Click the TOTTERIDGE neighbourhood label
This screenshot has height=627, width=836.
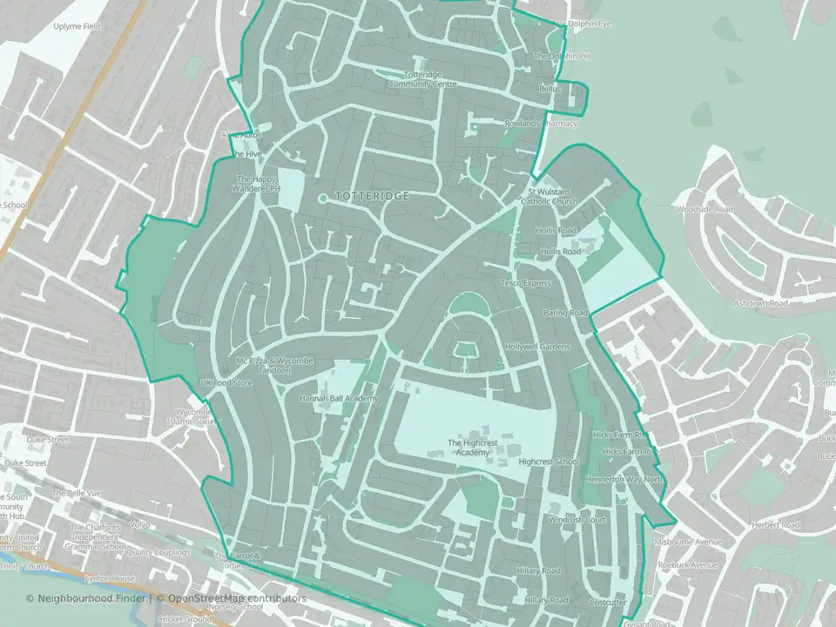click(x=372, y=197)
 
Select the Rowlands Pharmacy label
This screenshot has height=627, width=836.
click(x=541, y=124)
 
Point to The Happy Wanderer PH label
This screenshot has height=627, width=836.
click(x=259, y=184)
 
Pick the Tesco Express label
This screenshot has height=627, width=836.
click(x=526, y=283)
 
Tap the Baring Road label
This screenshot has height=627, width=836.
click(x=566, y=313)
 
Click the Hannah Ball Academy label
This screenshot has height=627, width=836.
click(x=340, y=398)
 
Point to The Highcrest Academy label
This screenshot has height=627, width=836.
click(x=469, y=448)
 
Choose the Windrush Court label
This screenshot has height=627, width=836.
click(x=576, y=520)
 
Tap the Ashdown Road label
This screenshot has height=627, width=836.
click(x=760, y=303)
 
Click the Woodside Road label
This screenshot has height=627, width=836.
click(x=706, y=209)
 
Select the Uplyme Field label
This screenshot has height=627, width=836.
click(x=77, y=27)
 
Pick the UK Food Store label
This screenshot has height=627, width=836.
click(x=226, y=382)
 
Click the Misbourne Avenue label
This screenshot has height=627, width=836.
click(x=691, y=542)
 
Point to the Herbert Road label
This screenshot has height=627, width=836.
click(x=778, y=525)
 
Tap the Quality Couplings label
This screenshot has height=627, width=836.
click(x=158, y=552)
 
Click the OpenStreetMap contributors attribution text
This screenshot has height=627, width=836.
click(x=238, y=598)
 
